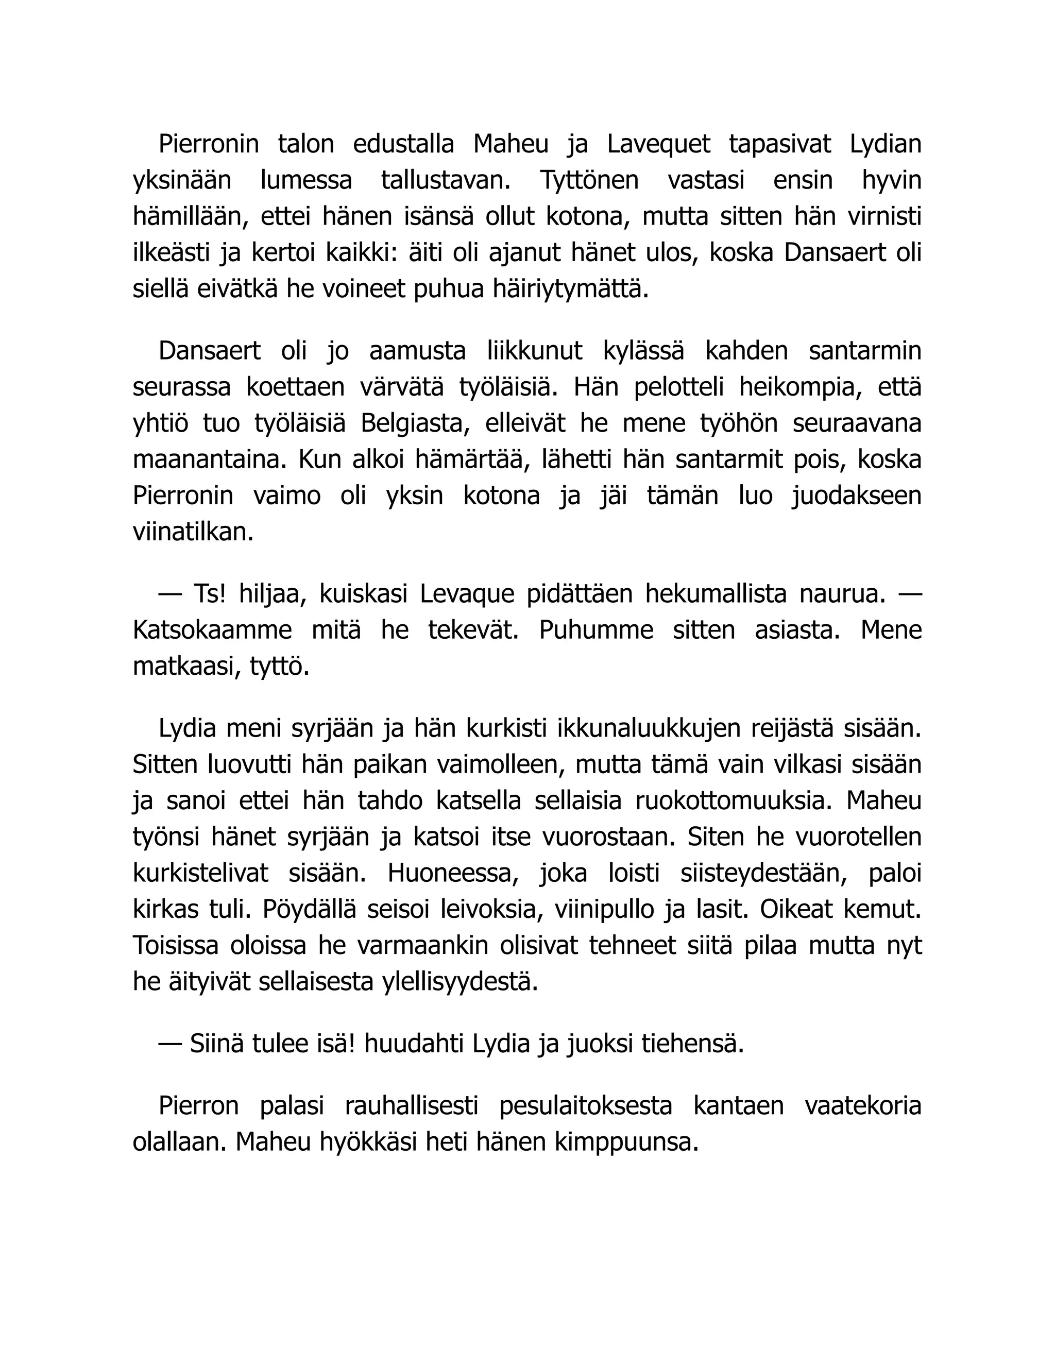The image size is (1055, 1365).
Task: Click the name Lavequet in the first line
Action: tap(658, 144)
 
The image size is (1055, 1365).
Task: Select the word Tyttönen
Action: tap(589, 181)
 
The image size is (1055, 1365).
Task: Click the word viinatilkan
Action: tap(193, 532)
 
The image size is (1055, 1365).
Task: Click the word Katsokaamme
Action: tap(212, 630)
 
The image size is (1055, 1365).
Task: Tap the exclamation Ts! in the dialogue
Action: tap(209, 594)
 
